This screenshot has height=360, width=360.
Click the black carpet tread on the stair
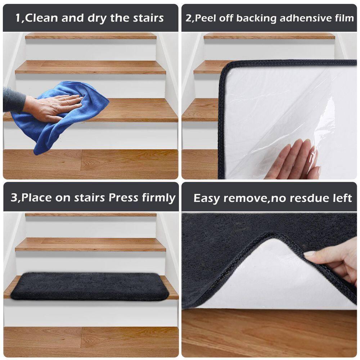[x=90, y=286]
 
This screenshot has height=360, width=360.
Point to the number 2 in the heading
[x=188, y=18]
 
